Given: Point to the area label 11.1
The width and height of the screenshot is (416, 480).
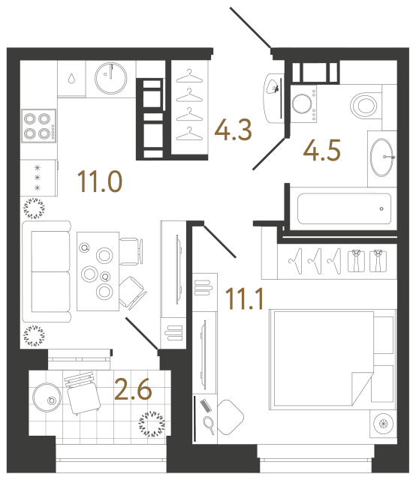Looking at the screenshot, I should pyautogui.click(x=244, y=300).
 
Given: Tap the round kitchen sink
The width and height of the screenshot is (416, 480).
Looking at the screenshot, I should pyautogui.click(x=113, y=75).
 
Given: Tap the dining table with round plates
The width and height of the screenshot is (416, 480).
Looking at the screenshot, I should pyautogui.click(x=98, y=271).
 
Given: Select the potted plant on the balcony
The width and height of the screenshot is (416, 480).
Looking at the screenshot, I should pyautogui.click(x=153, y=424).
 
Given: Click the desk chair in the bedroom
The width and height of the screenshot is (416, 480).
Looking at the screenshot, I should pyautogui.click(x=231, y=414).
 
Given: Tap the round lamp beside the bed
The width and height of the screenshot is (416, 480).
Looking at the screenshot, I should pyautogui.click(x=384, y=424).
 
